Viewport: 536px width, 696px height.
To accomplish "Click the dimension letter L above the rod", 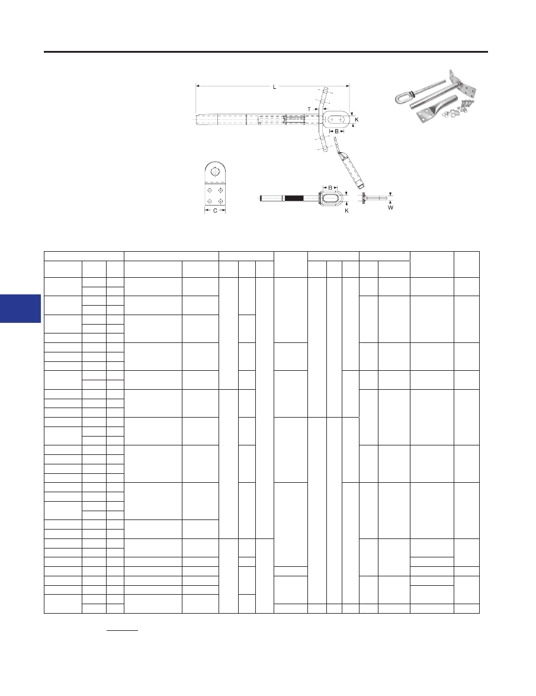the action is point(274,87).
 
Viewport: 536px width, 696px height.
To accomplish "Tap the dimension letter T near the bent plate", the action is point(309,109).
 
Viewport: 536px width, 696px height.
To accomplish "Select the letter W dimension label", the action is point(390,207).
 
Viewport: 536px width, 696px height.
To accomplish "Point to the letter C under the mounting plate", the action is point(215,210).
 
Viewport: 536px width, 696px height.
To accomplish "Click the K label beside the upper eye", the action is point(357,120).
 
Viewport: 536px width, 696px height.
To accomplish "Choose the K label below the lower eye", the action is point(346,210).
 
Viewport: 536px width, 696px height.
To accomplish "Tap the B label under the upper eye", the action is point(337,131).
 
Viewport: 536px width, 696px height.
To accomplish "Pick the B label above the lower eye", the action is point(330,188).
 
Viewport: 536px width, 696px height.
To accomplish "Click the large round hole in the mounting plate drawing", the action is point(215,172).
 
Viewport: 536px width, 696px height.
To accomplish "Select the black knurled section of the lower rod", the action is point(294,198).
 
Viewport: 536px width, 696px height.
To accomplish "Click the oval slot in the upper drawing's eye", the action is point(339,120).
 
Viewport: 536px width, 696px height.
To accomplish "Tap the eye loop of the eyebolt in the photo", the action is point(403,97).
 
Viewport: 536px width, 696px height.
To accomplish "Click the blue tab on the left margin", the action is point(20,309).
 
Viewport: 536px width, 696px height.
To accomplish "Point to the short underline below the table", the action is point(122,630).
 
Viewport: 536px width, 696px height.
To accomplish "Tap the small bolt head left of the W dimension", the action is point(364,198).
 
